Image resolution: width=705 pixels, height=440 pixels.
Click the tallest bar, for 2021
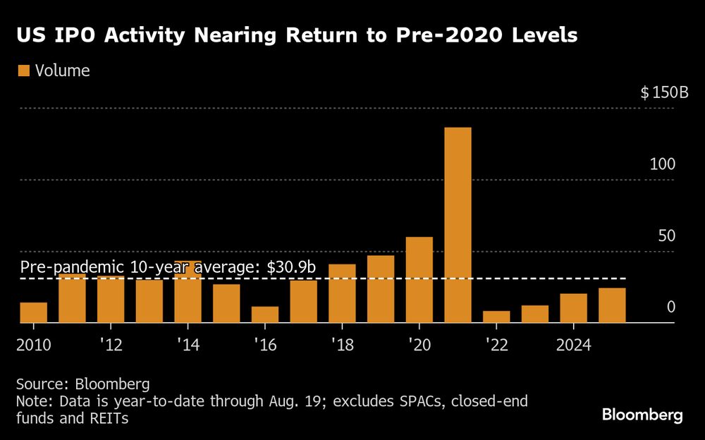pyautogui.click(x=458, y=225)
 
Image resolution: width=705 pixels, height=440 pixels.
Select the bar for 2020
pyautogui.click(x=419, y=280)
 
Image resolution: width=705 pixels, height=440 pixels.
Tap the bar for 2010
pyautogui.click(x=34, y=312)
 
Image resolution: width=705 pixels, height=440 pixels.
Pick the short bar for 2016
pyautogui.click(x=265, y=314)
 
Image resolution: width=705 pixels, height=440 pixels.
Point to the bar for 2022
pyautogui.click(x=496, y=317)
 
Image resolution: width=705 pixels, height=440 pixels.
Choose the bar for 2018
pyautogui.click(x=342, y=293)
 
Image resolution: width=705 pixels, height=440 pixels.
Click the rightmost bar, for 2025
pyautogui.click(x=612, y=305)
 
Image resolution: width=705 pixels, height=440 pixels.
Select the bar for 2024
pyautogui.click(x=573, y=308)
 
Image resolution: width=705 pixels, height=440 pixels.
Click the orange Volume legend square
pyautogui.click(x=24, y=71)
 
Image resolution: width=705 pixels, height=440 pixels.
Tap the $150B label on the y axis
pyautogui.click(x=663, y=92)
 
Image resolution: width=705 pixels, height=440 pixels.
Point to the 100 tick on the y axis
pyautogui.click(x=663, y=164)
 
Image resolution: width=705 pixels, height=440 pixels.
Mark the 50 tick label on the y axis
pyautogui.click(x=667, y=236)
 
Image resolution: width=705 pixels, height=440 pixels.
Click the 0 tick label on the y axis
pyautogui.click(x=671, y=307)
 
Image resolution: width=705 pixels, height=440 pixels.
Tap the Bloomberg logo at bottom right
pyautogui.click(x=642, y=415)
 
